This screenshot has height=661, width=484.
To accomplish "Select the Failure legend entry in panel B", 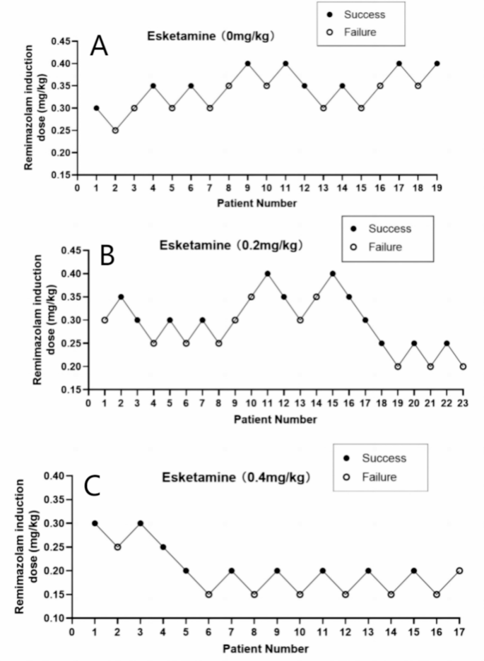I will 386,247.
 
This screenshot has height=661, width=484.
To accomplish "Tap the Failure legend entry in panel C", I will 379,477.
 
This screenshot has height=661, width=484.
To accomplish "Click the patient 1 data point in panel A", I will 96,108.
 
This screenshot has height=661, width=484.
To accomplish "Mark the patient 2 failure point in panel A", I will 115,130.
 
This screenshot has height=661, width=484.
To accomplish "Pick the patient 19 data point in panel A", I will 437,64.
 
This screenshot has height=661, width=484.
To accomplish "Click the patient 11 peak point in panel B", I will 268,273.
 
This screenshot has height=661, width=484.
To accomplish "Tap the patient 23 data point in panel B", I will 463,367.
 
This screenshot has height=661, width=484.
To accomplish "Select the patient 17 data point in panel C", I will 459,571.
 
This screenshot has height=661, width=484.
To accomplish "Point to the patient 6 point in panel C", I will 208,595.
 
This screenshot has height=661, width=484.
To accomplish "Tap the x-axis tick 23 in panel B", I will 463,403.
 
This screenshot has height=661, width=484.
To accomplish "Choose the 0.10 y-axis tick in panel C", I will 54,618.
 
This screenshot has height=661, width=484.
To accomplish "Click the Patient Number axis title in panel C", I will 266,648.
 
